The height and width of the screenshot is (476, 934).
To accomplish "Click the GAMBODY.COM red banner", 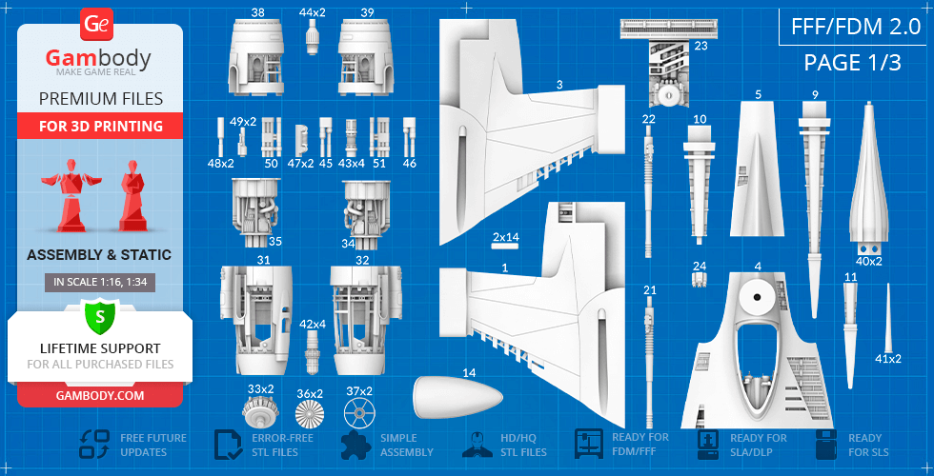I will tap(99, 395).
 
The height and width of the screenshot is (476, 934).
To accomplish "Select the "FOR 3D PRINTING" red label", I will tap(100, 127).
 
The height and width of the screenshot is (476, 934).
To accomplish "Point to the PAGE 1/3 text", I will tap(852, 63).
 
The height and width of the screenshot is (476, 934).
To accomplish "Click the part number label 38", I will tap(258, 12).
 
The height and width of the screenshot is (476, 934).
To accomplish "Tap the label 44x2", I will tap(312, 12).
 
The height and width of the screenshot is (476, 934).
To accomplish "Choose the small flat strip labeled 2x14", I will tap(505, 245).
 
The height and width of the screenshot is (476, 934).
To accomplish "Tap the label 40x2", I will tap(869, 261).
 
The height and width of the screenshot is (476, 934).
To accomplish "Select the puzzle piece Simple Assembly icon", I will tap(355, 445).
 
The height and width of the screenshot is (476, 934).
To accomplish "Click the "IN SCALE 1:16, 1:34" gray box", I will tap(99, 282).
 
